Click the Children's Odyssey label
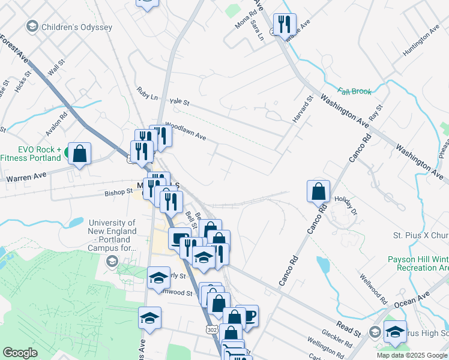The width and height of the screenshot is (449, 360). coord(76,27)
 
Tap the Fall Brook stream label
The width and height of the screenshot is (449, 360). coord(354,91)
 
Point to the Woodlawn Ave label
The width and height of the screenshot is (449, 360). coord(185,132)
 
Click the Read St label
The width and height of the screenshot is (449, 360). coord(348,329)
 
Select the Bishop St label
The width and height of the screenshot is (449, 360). coord(118,192)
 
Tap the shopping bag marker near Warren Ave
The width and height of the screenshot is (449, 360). coord(79,154)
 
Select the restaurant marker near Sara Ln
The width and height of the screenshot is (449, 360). coord(284,25)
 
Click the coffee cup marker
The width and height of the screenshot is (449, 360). coord(248,316)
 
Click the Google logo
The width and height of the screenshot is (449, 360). coord(20,353)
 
